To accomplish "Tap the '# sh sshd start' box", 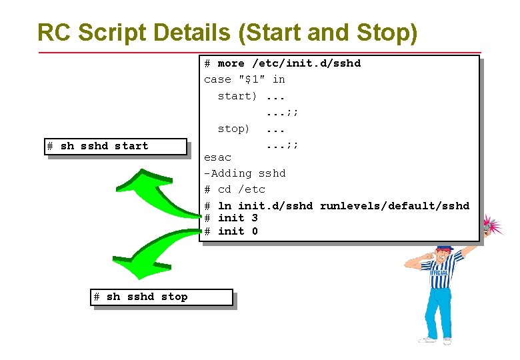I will click(x=117, y=146).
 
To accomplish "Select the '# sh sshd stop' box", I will click(x=162, y=297).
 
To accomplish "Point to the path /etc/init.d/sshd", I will click(x=306, y=63).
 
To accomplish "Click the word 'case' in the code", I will click(x=217, y=79).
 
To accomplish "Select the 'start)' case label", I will click(x=237, y=96).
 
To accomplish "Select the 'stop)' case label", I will click(x=234, y=128).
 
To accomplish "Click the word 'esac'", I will click(x=217, y=157).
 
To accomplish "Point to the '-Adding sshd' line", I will click(x=245, y=173).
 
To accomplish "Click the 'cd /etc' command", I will click(x=241, y=189).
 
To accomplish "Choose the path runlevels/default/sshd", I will click(x=394, y=205).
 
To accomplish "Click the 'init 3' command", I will click(x=238, y=218).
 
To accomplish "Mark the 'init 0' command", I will click(x=238, y=231).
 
